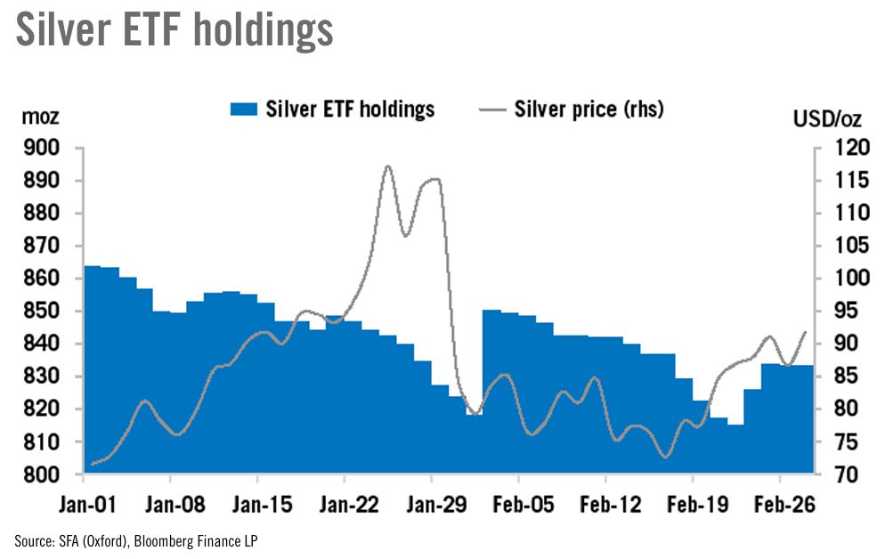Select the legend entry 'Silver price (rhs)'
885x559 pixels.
click(589, 109)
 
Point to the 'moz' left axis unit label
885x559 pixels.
click(39, 117)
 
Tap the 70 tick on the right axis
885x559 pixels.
click(841, 474)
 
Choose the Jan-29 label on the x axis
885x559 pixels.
click(431, 505)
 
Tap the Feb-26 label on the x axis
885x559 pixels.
click(781, 505)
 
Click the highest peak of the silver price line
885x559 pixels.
click(387, 166)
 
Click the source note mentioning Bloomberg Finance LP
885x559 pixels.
click(136, 540)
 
